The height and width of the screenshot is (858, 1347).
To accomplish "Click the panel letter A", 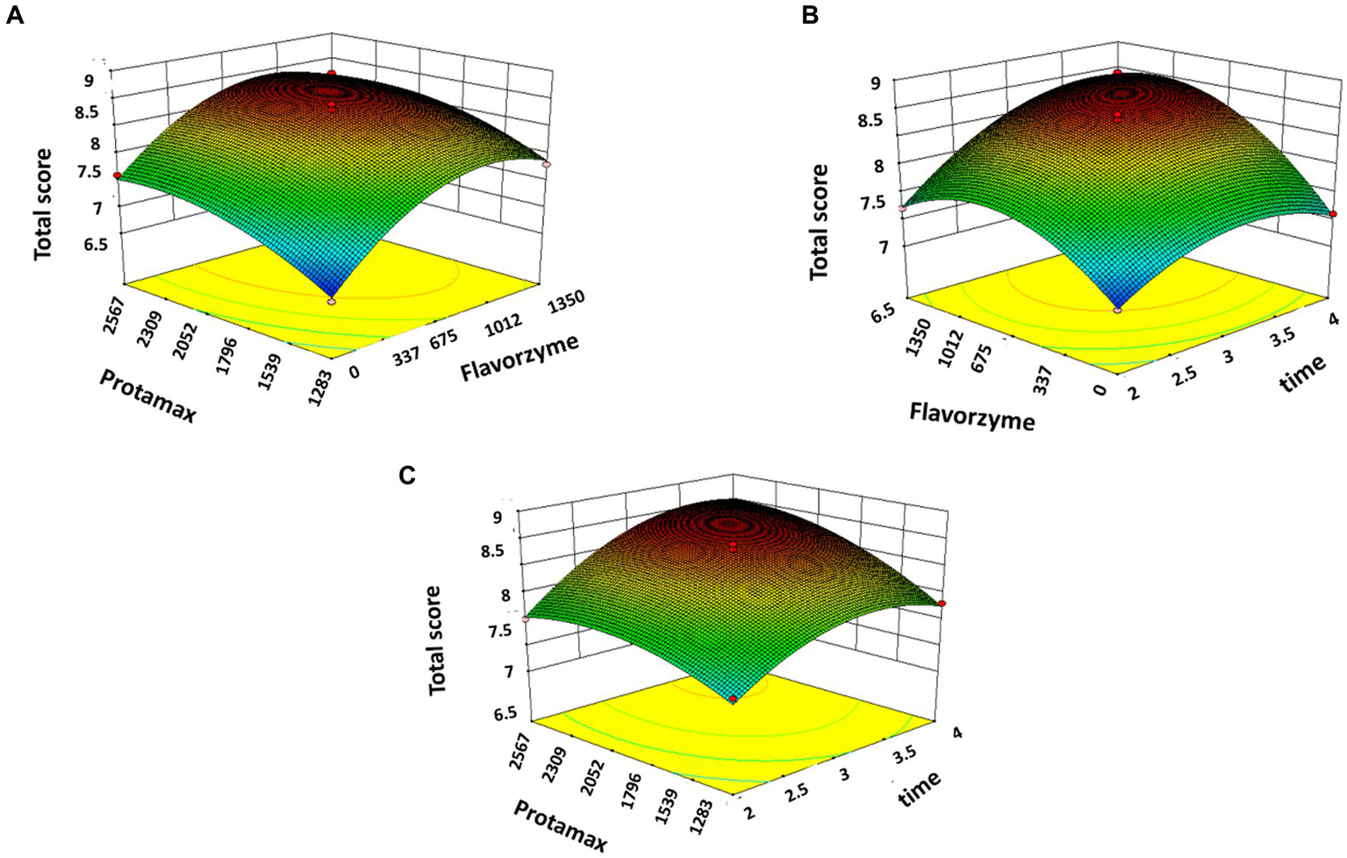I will [14, 15].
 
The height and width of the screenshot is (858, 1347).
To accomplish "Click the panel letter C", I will [407, 475].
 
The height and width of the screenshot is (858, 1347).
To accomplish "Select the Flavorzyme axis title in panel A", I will [519, 358].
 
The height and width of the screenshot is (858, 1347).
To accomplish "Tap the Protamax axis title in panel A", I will [147, 396].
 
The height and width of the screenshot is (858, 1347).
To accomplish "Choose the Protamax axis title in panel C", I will [561, 826].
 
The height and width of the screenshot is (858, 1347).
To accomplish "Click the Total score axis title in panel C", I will [435, 640].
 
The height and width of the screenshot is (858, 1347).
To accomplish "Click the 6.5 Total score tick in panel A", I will [91, 243].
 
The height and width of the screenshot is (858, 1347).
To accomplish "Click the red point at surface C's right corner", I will [942, 604].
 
